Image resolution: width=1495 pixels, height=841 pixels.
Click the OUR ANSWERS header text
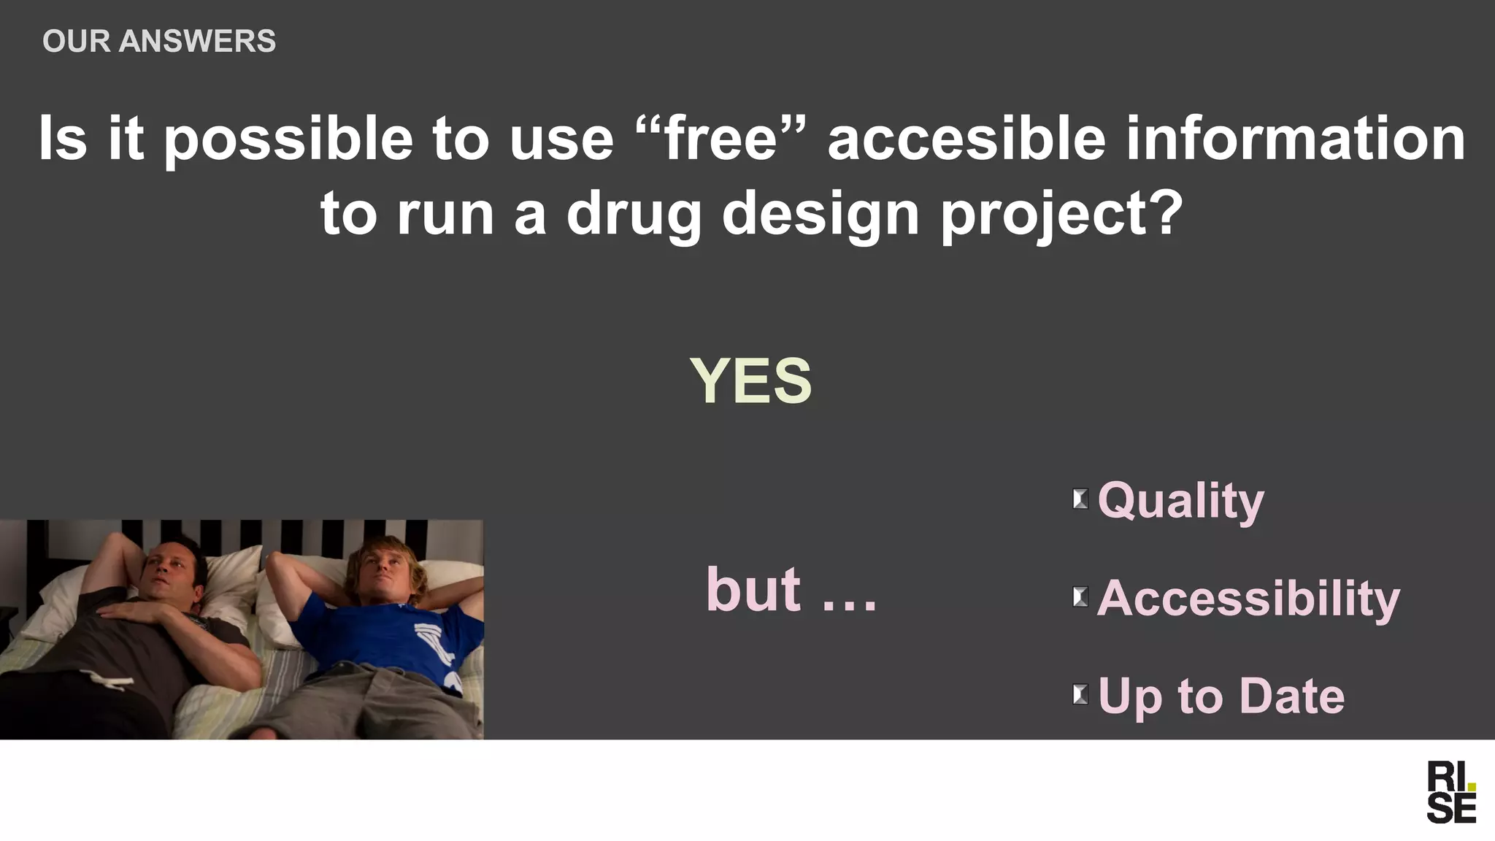159,41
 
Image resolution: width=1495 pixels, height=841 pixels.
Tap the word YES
750,380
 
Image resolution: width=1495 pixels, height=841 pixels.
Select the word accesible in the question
966,138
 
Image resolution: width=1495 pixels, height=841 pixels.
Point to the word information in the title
1295,138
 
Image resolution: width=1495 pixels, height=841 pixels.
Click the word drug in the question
633,214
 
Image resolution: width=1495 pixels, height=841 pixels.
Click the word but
753,590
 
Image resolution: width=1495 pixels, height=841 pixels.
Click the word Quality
1180,501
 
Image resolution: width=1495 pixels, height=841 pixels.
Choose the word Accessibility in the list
1248,598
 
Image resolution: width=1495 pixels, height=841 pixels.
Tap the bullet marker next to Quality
1080,499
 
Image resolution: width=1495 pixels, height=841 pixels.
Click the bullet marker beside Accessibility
1080,597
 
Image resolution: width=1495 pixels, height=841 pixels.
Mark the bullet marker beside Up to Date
1080,694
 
